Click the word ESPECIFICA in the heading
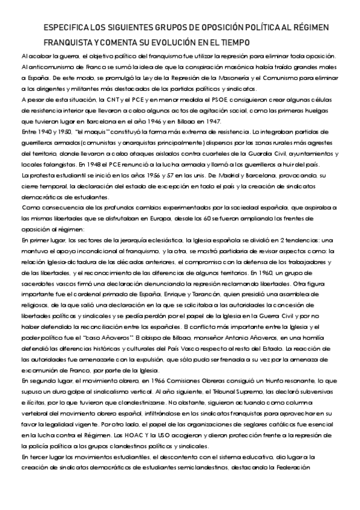pos(66,29)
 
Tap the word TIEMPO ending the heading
pos(231,43)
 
